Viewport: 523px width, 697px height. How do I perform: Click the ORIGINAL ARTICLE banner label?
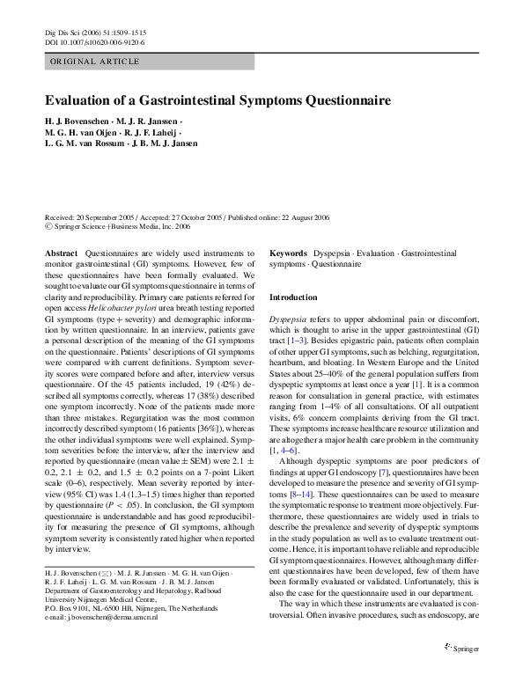click(95, 62)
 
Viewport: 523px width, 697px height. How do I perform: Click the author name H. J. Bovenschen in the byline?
click(80, 120)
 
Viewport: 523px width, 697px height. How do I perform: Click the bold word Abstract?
click(61, 253)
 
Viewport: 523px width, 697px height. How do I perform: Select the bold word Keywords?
click(289, 253)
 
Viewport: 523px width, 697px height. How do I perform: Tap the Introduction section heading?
click(293, 297)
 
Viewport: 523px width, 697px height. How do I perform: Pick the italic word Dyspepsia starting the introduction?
click(288, 318)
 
